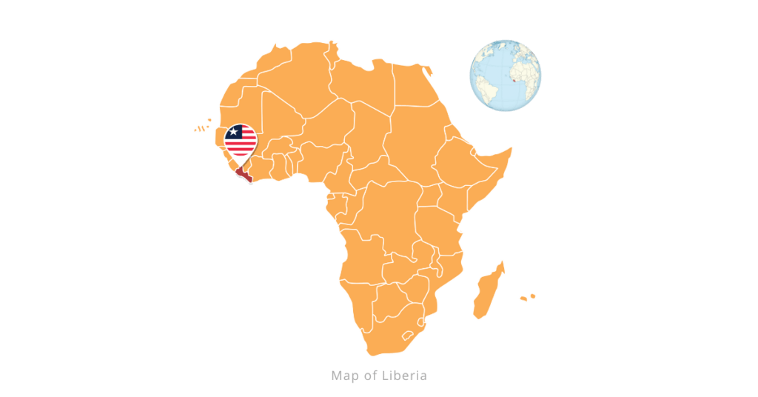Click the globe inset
tap(506, 76)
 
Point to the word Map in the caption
tap(343, 376)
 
